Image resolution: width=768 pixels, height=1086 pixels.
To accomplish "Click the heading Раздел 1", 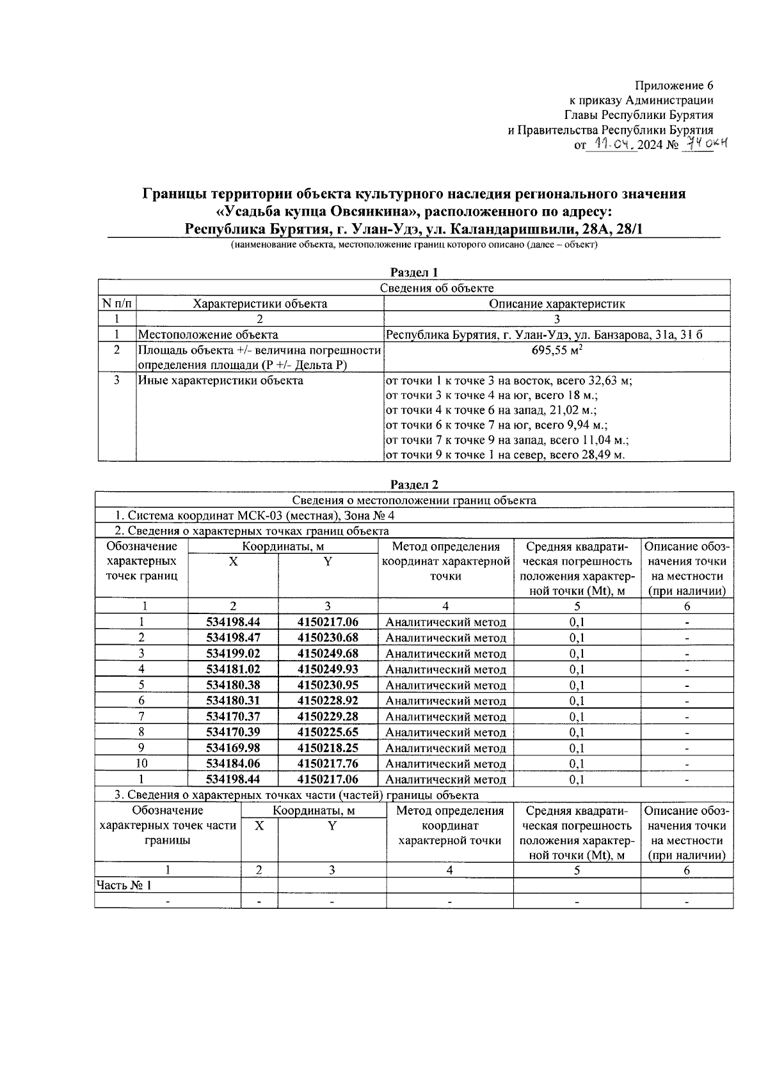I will [x=414, y=272].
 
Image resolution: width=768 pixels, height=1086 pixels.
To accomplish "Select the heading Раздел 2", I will [x=414, y=485].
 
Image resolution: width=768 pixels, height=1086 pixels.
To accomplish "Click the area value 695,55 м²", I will [x=557, y=350].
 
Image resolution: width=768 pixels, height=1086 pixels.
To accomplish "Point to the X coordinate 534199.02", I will [x=233, y=653].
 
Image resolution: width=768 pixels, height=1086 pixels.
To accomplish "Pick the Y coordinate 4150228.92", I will [x=328, y=700].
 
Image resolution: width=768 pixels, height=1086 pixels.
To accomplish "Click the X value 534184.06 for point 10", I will [x=233, y=763].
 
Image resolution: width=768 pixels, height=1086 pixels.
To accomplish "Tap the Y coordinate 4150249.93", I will [x=328, y=669].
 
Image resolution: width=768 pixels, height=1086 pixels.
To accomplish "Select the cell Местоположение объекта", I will [x=209, y=334].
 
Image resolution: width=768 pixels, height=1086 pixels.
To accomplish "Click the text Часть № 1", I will [x=124, y=885].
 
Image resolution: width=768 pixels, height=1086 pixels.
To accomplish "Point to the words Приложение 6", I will [x=673, y=86].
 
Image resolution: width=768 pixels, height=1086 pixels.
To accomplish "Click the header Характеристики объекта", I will [x=260, y=304].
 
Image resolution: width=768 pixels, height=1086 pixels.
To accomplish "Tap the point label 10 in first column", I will [x=141, y=763].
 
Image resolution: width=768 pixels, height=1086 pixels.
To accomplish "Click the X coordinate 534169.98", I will [x=233, y=748].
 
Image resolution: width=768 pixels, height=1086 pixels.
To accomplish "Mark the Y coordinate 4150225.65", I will [x=328, y=732].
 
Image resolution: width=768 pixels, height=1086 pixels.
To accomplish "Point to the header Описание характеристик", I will [x=557, y=304].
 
